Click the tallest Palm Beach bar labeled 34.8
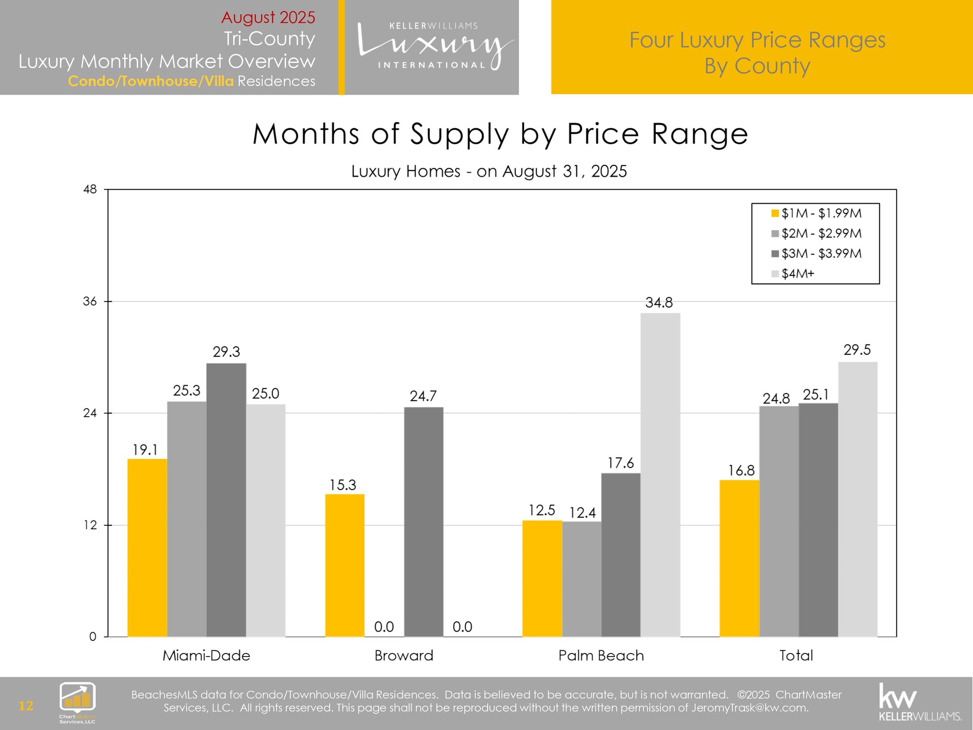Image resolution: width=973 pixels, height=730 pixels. click(660, 474)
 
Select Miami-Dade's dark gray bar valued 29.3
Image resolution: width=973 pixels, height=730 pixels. click(226, 500)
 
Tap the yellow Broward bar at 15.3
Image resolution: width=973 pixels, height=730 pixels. click(345, 565)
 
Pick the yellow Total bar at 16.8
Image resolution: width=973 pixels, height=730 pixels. click(739, 558)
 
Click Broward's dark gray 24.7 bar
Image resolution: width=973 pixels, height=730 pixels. click(424, 522)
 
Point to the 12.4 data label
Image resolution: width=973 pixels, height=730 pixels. click(582, 513)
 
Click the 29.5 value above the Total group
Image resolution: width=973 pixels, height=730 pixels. click(857, 350)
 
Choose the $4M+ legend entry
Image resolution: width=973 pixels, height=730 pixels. click(798, 274)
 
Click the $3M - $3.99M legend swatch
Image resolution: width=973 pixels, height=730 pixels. click(775, 253)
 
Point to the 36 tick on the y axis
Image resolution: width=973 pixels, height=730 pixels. click(90, 302)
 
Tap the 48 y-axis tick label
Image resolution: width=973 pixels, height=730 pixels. click(90, 190)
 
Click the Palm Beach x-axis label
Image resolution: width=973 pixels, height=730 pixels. click(601, 655)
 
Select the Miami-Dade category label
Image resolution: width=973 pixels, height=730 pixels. click(206, 655)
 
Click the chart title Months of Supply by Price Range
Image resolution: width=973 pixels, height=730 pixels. click(500, 134)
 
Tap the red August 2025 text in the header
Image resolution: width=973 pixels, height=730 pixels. click(268, 17)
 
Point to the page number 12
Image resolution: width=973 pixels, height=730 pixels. click(26, 706)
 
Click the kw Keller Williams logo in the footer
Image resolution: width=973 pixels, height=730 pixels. click(920, 703)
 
